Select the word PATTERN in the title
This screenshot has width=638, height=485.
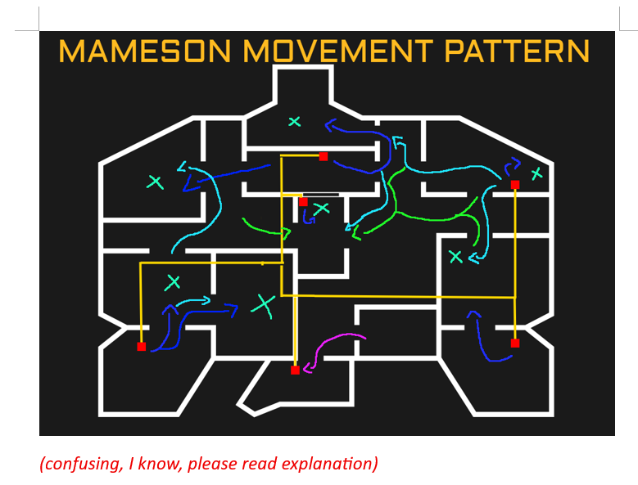pos(517,52)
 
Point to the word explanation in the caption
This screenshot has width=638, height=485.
pos(331,464)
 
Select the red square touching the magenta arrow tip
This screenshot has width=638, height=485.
pos(295,370)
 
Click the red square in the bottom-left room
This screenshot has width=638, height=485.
pos(141,347)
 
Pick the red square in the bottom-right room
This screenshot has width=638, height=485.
pos(515,344)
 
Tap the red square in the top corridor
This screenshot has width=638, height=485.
pos(324,156)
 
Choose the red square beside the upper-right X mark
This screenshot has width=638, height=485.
pos(515,185)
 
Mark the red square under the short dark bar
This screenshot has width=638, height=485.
pos(303,201)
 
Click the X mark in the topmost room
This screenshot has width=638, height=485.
pos(295,122)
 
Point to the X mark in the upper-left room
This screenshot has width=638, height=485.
pos(155,182)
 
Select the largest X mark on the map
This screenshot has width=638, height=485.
pos(263,304)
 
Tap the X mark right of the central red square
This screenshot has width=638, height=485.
pos(322,209)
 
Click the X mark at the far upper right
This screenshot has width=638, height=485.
pos(536,173)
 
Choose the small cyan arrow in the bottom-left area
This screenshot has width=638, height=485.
pos(193,302)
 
